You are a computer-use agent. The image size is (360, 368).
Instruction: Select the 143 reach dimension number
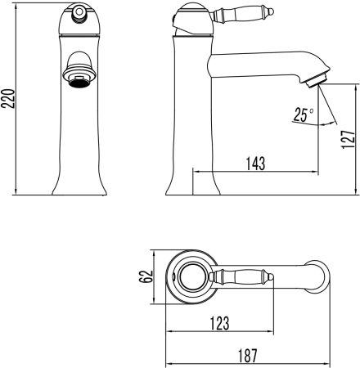pyautogui.click(x=256, y=163)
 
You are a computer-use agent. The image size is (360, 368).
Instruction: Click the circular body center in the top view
pyautogui.click(x=193, y=279)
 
